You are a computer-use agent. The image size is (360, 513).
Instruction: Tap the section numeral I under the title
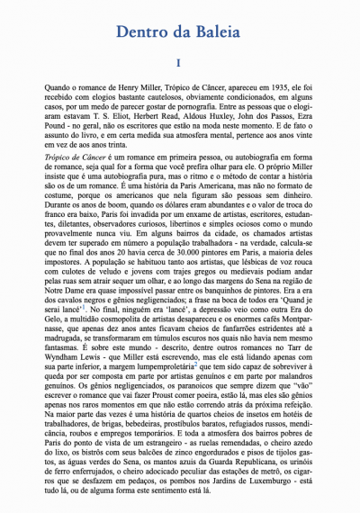pos(180,64)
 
